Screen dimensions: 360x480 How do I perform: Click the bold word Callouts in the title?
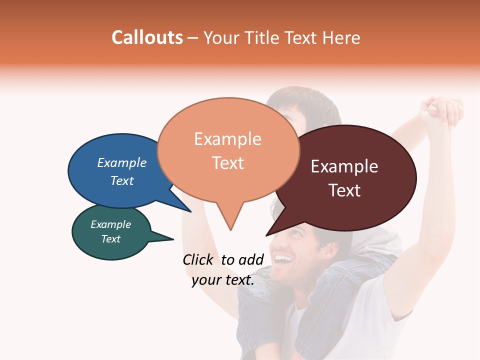(147, 37)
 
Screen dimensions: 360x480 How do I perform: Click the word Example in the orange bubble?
(227, 139)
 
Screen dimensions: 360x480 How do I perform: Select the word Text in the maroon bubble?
(344, 190)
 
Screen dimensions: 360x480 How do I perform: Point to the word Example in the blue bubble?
(122, 163)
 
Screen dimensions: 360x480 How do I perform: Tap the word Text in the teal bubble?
(111, 239)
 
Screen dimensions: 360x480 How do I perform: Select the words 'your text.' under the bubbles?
(223, 280)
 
